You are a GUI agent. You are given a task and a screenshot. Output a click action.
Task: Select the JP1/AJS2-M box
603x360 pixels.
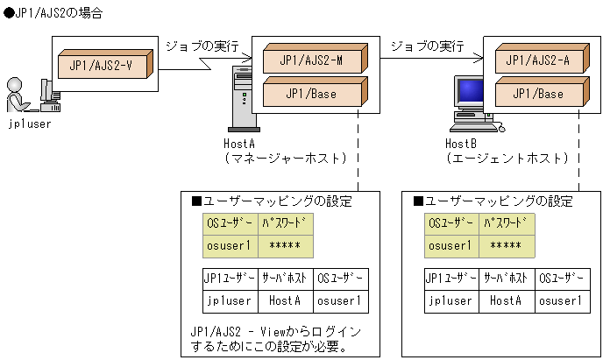[x=312, y=60]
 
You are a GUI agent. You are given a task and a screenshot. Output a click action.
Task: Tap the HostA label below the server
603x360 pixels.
[x=239, y=143]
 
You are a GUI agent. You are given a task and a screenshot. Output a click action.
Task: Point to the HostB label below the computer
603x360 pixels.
[x=461, y=143]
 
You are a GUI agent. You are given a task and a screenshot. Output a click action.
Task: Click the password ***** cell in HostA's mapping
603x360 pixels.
[x=286, y=246]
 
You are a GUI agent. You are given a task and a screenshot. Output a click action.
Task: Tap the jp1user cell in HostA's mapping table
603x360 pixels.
[x=229, y=300]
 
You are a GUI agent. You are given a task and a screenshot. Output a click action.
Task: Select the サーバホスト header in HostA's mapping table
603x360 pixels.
[x=285, y=279]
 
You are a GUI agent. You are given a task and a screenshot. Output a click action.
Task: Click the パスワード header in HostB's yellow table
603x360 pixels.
[x=507, y=223]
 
